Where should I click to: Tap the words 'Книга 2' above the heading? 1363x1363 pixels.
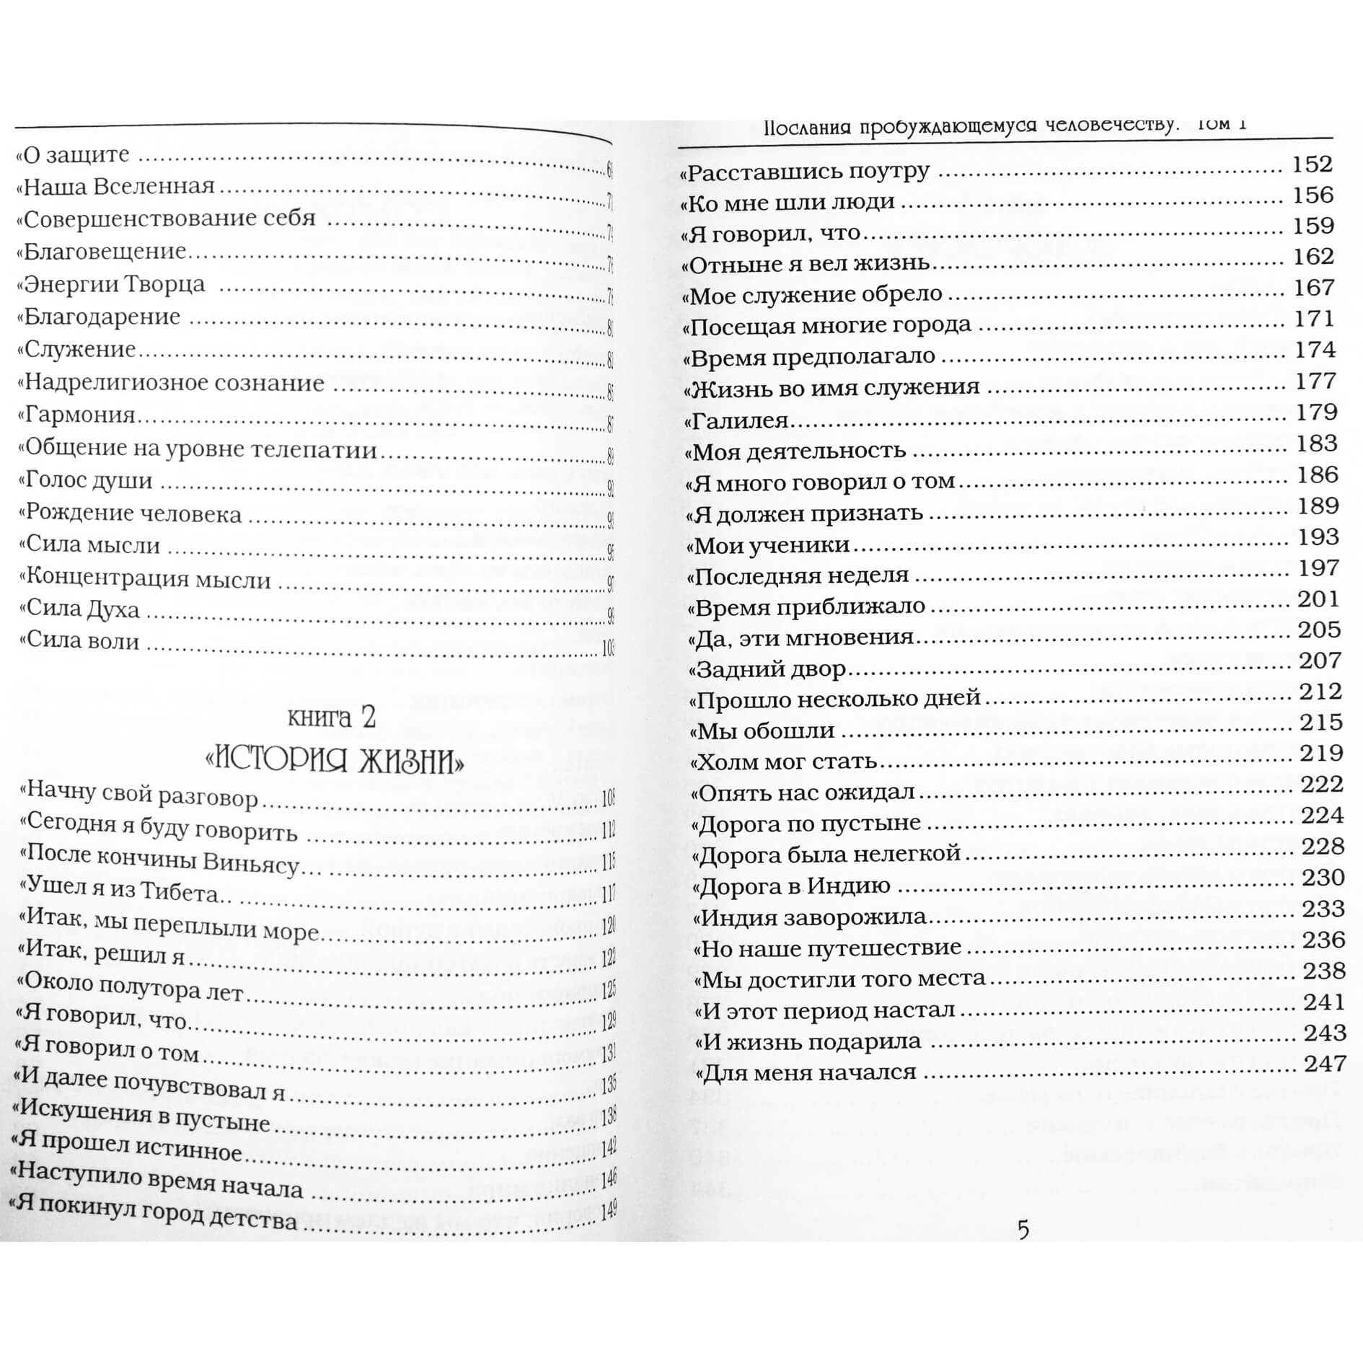click(332, 718)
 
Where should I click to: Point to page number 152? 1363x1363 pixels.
click(1313, 164)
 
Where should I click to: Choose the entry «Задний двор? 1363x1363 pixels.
click(767, 670)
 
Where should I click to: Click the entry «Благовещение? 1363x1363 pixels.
click(101, 252)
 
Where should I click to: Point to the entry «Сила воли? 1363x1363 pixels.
click(79, 641)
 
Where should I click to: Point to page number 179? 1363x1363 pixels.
click(1316, 413)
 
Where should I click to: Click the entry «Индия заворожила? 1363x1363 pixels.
click(809, 918)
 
